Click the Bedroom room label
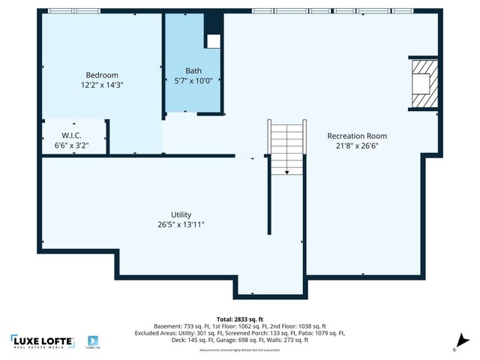pyautogui.click(x=102, y=75)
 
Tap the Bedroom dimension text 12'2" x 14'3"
pyautogui.click(x=102, y=85)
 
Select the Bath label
pyautogui.click(x=193, y=70)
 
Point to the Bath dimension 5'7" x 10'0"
pyautogui.click(x=193, y=80)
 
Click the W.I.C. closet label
pyautogui.click(x=72, y=136)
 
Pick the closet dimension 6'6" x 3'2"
pyautogui.click(x=72, y=145)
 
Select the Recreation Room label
pyautogui.click(x=357, y=136)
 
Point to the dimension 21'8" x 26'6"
pyautogui.click(x=357, y=145)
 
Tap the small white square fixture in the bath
pyautogui.click(x=214, y=41)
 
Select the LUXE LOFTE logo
pyautogui.click(x=43, y=341)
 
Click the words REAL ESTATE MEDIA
pyautogui.click(x=43, y=348)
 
